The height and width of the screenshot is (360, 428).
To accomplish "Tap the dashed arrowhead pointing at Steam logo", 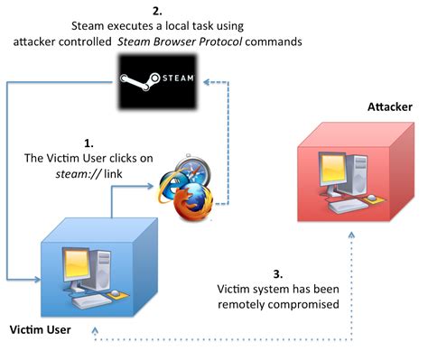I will click(209, 80).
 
